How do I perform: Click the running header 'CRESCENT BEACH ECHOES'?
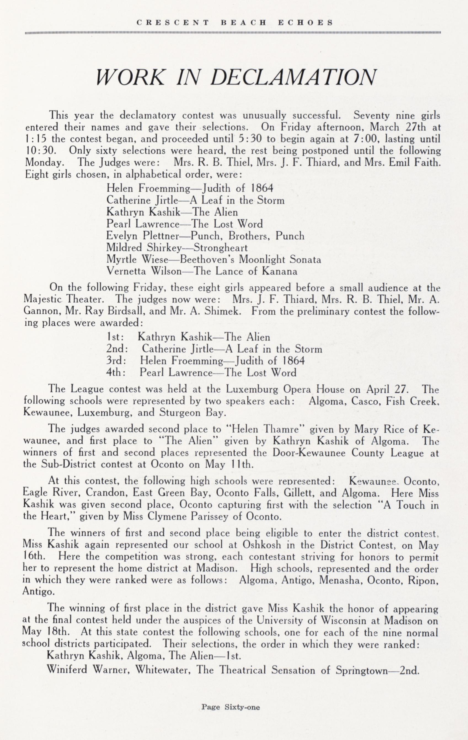235,23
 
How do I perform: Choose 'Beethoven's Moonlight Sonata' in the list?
250,260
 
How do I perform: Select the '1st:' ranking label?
114,337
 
